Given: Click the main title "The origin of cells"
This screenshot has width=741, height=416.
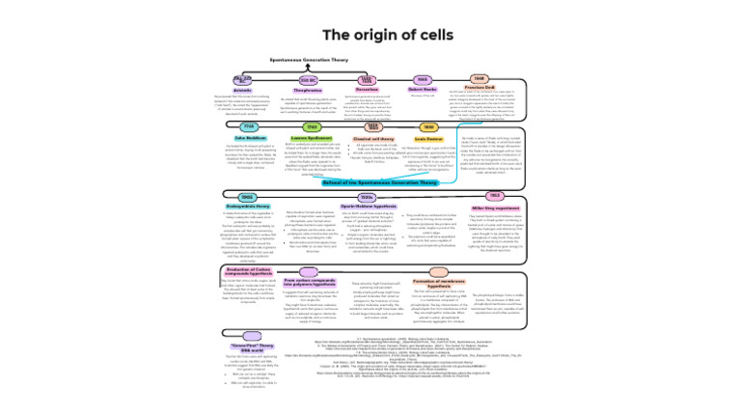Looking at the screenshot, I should click(x=370, y=35).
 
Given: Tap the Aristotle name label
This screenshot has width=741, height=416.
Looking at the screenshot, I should click(x=242, y=89).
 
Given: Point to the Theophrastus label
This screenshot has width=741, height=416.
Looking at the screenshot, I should click(x=309, y=89).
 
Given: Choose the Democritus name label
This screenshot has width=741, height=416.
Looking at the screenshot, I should click(x=367, y=89).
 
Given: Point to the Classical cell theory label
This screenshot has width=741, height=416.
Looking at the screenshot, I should click(x=368, y=137).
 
